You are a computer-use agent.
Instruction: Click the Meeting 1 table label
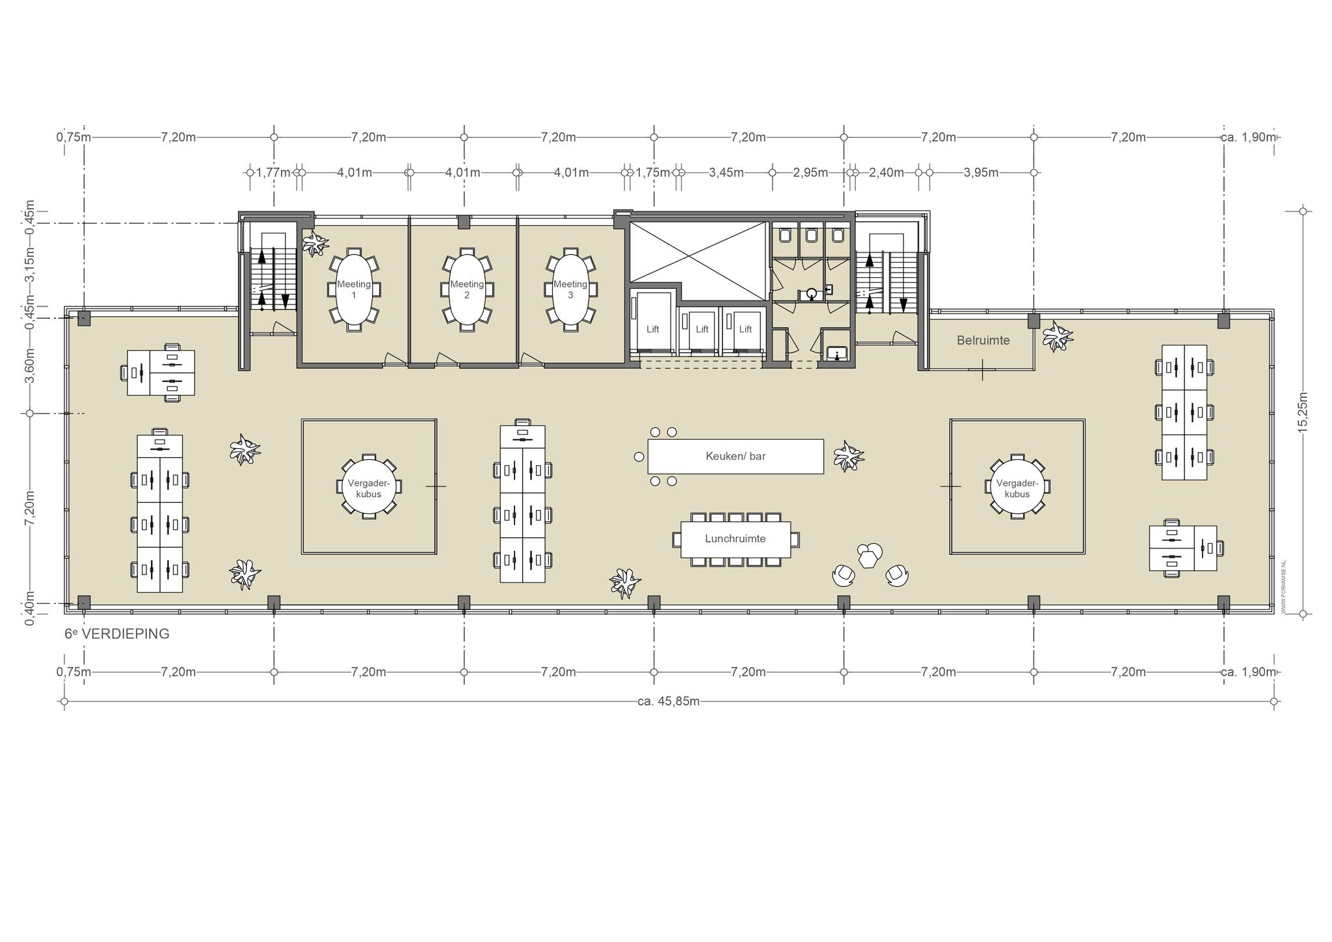[354, 289]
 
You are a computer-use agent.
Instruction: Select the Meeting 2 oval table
[467, 289]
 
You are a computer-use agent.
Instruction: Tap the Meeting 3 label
[570, 289]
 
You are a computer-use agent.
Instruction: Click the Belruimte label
[983, 340]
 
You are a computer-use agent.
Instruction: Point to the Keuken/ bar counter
[736, 456]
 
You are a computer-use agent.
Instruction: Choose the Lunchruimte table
[736, 539]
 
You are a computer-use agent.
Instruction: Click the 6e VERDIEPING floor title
[117, 634]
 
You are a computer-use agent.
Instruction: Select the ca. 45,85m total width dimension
[669, 701]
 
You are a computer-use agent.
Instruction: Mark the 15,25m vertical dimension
[1303, 412]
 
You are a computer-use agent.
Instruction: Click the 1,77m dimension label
[273, 172]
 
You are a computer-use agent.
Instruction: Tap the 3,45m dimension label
[726, 172]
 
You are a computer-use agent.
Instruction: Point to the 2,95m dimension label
[810, 172]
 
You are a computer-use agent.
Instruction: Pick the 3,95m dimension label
[981, 172]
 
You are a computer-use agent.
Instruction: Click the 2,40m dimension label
[886, 172]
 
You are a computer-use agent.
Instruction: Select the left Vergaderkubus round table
[369, 487]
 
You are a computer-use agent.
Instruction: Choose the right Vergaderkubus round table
[1017, 487]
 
